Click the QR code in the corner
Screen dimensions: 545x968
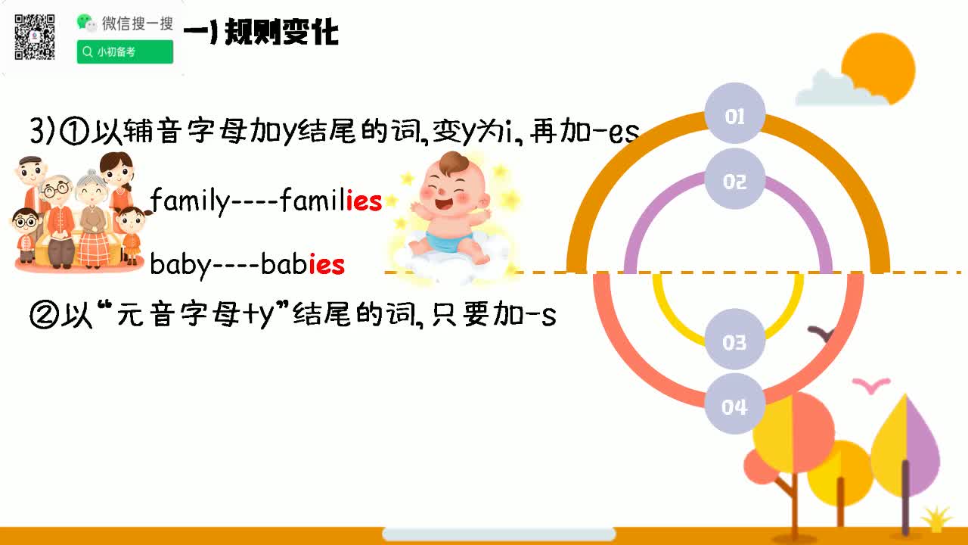pyautogui.click(x=35, y=36)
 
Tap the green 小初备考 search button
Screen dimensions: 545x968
pyautogui.click(x=125, y=52)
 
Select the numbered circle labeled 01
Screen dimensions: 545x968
pyautogui.click(x=734, y=117)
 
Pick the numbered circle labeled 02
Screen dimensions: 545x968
pyautogui.click(x=734, y=182)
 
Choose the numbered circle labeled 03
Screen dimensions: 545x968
pyautogui.click(x=734, y=342)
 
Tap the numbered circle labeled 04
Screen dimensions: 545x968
pyautogui.click(x=734, y=406)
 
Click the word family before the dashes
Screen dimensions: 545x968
pyautogui.click(x=188, y=201)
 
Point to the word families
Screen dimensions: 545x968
pyautogui.click(x=330, y=201)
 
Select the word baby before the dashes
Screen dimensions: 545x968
pyautogui.click(x=178, y=264)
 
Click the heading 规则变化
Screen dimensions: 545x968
pyautogui.click(x=280, y=33)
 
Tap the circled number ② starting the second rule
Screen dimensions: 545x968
pyautogui.click(x=42, y=314)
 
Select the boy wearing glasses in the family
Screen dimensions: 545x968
pyautogui.click(x=26, y=227)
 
